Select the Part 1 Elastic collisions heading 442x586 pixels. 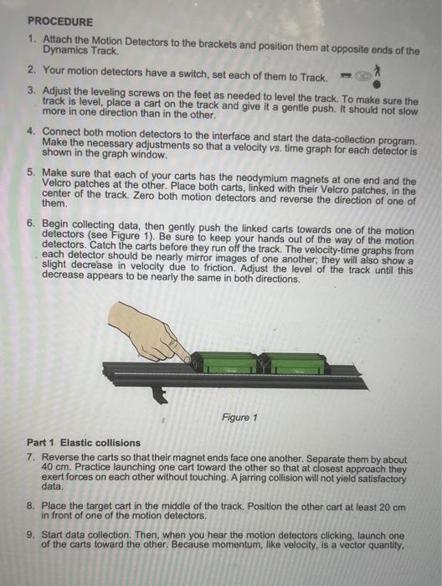tap(84, 442)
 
